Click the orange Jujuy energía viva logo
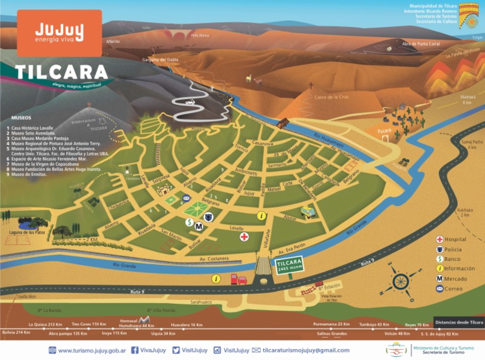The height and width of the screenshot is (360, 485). (x=59, y=33)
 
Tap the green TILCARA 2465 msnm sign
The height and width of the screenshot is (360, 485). (x=290, y=265)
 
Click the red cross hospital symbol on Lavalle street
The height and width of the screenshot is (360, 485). (x=244, y=236)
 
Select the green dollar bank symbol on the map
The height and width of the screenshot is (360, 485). (x=189, y=222)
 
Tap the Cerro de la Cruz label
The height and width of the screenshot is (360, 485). (x=332, y=97)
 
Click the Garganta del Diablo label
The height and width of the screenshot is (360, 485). (x=160, y=59)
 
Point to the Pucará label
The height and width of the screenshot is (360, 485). (x=385, y=130)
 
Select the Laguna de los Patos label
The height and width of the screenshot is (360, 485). (x=28, y=233)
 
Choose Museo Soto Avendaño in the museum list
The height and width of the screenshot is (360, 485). (x=32, y=133)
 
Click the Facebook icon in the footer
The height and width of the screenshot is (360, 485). (x=135, y=350)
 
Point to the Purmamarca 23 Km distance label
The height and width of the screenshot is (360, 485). (x=331, y=323)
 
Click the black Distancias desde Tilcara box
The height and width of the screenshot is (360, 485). (x=459, y=322)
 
